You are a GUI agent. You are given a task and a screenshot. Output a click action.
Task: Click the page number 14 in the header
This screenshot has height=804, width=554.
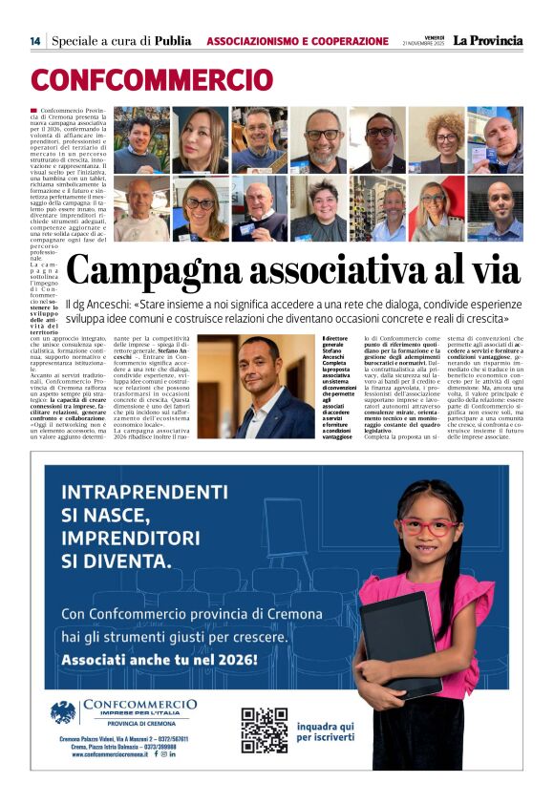click(34, 41)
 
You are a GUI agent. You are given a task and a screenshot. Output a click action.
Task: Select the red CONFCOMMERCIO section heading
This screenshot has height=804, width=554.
click(152, 79)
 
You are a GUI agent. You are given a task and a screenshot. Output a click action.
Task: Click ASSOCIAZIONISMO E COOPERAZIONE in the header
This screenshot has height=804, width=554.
click(297, 41)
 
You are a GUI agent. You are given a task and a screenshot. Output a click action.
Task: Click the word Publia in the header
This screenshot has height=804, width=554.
click(174, 41)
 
